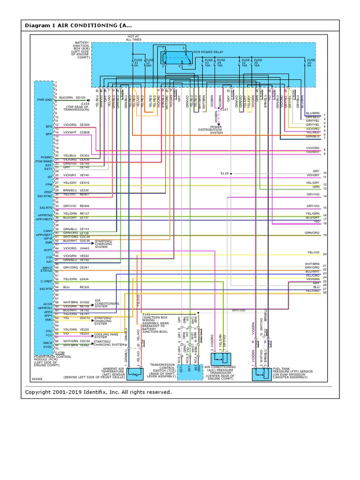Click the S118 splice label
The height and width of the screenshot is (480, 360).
tap(225, 173)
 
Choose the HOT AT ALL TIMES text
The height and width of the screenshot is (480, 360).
tap(133, 38)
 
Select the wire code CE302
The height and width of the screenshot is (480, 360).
tap(84, 156)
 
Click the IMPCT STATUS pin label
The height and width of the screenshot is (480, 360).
tap(46, 269)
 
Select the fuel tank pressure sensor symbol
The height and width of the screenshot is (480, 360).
tap(261, 374)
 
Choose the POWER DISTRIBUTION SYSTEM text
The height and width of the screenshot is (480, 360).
tap(223, 129)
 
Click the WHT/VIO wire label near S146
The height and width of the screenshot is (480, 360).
tap(239, 310)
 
